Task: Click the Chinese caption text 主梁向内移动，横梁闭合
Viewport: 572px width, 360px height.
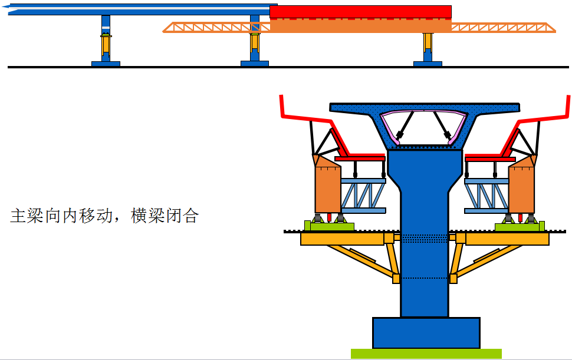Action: click(x=104, y=216)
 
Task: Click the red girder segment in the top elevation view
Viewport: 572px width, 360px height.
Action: click(x=360, y=12)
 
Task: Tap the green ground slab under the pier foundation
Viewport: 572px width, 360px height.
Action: click(x=426, y=354)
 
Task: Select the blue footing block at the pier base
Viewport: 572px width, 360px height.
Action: click(x=426, y=333)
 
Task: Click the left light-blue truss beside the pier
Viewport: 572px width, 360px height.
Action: click(x=363, y=196)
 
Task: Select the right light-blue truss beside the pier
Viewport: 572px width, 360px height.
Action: click(x=486, y=196)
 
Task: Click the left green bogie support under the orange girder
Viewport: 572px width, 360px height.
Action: click(x=329, y=226)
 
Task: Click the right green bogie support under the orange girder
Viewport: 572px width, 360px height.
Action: click(x=520, y=226)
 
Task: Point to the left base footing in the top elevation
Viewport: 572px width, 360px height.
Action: click(x=106, y=64)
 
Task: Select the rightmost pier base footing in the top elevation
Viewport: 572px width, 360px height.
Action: click(x=428, y=64)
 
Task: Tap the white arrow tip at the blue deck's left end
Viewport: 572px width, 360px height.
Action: click(x=3, y=6)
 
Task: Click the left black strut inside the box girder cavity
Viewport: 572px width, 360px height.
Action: click(x=406, y=125)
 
